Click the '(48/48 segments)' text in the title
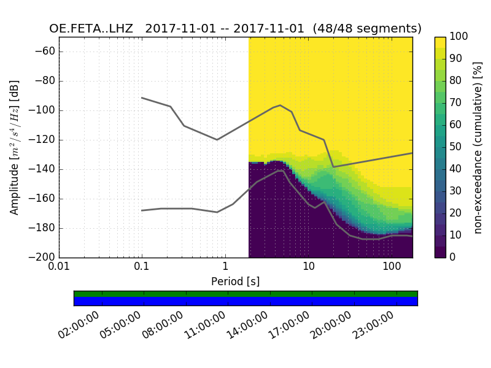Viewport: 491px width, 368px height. point(367,29)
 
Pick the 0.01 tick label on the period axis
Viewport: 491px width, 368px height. point(59,268)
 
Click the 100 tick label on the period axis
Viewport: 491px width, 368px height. point(392,268)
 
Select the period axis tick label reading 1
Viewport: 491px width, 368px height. point(225,268)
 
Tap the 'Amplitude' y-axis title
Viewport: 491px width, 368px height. point(15,147)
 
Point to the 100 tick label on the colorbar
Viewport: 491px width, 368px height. point(459,37)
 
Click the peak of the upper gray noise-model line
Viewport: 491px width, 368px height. point(280,105)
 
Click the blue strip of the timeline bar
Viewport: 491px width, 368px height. point(245,301)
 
